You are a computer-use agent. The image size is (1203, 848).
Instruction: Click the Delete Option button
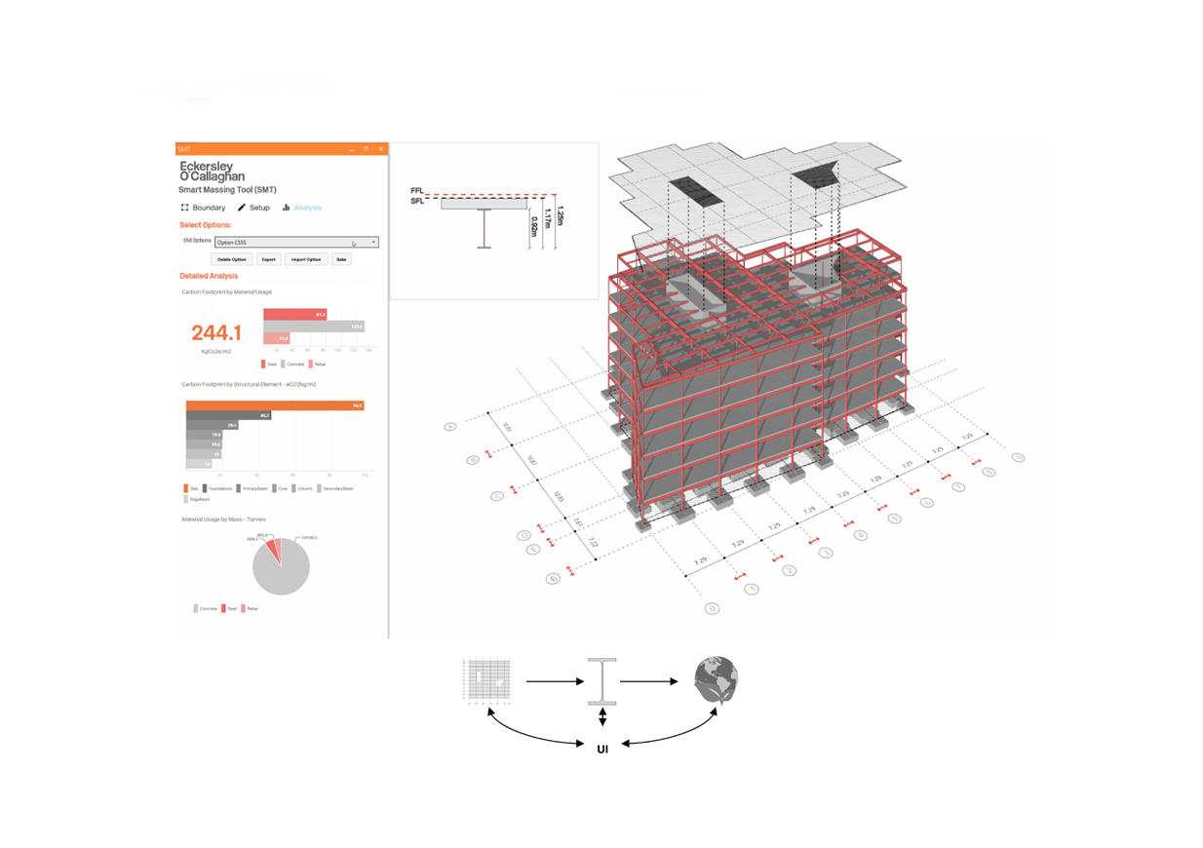pyautogui.click(x=232, y=259)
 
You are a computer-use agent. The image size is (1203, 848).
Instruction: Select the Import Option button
pyautogui.click(x=305, y=259)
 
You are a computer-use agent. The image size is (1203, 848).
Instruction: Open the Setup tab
pyautogui.click(x=253, y=208)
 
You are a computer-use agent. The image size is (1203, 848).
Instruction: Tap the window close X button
pyautogui.click(x=380, y=149)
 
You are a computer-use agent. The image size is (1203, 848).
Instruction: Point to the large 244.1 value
pyautogui.click(x=216, y=332)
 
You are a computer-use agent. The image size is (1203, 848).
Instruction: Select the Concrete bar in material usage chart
pyautogui.click(x=313, y=327)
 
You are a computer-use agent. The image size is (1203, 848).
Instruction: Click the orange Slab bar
pyautogui.click(x=274, y=405)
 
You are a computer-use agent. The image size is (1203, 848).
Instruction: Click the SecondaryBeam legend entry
pyautogui.click(x=333, y=488)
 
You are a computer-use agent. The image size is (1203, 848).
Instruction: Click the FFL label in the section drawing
pyautogui.click(x=416, y=191)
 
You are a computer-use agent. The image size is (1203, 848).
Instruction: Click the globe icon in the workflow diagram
pyautogui.click(x=717, y=681)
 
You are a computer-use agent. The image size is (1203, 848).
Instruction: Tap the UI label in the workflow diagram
pyautogui.click(x=602, y=750)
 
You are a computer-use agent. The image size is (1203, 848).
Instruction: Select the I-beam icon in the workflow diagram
pyautogui.click(x=602, y=681)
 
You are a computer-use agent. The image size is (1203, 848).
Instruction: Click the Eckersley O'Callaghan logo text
pyautogui.click(x=212, y=172)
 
